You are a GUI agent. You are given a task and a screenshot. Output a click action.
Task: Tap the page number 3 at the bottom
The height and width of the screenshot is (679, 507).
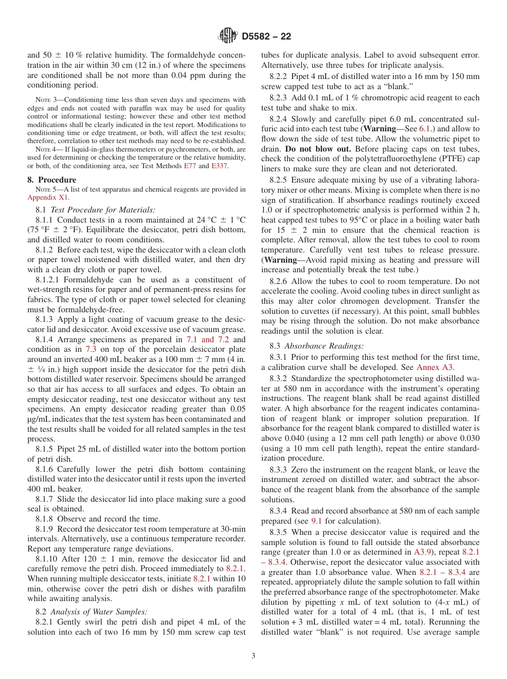pos(253,656)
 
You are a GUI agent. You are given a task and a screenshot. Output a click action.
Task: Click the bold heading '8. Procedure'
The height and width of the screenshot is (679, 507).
pos(52,180)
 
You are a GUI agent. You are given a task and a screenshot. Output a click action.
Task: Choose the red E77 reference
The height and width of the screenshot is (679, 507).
pos(190,166)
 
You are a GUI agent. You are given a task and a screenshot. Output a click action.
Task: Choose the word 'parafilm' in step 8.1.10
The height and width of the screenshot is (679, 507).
pos(231,588)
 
